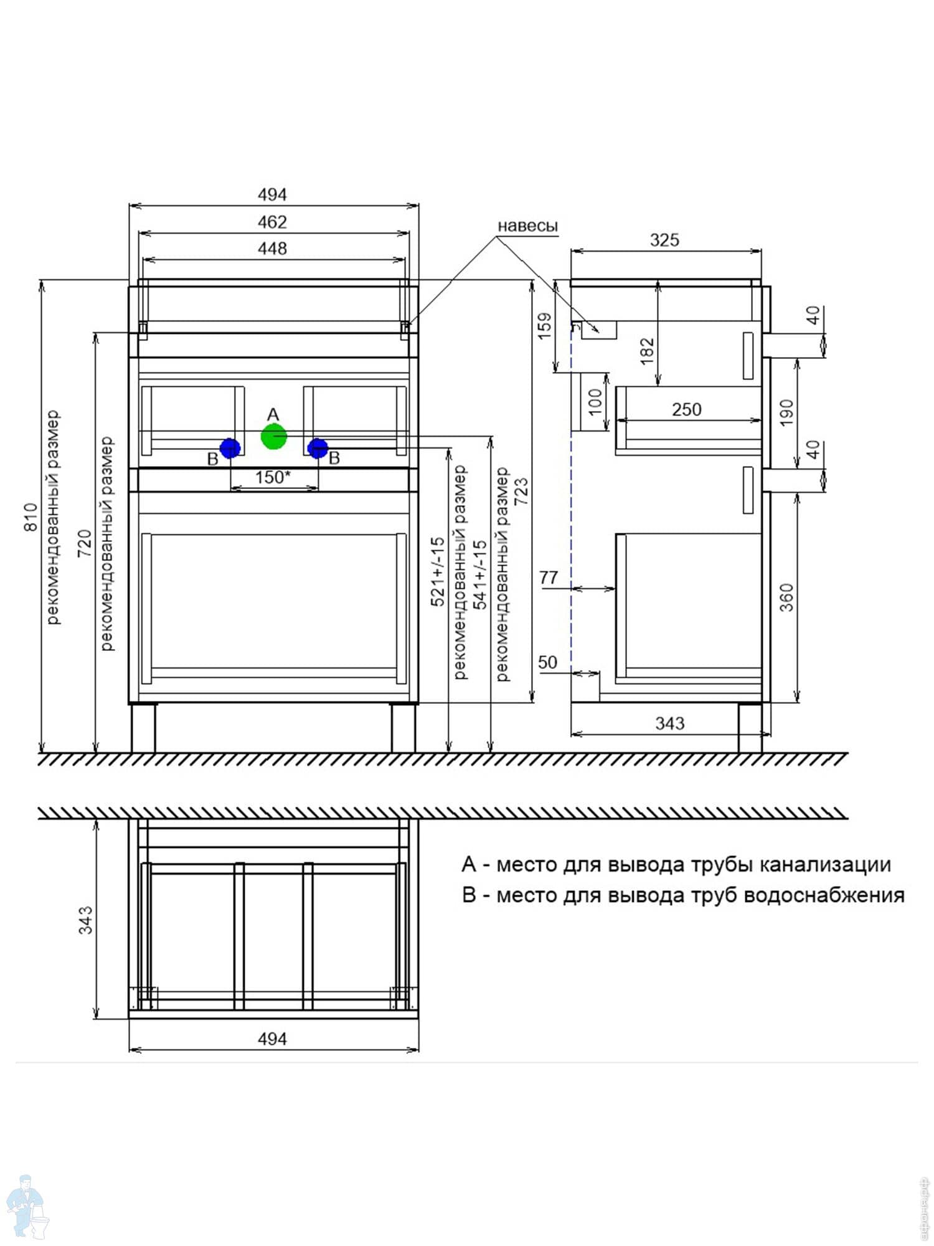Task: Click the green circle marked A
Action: (273, 436)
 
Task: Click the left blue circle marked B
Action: (230, 448)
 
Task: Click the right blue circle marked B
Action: (318, 448)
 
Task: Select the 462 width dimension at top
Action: (273, 222)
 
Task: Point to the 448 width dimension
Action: (273, 249)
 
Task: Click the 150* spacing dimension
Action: (273, 477)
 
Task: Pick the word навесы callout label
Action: (527, 226)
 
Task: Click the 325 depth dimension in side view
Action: (664, 240)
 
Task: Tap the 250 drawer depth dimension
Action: (687, 409)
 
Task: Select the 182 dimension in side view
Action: (647, 351)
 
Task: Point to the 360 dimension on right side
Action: (786, 597)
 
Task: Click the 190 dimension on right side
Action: (786, 412)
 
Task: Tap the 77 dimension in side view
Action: (549, 578)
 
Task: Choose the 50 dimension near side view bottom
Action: (548, 662)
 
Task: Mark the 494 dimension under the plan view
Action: (273, 1039)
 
